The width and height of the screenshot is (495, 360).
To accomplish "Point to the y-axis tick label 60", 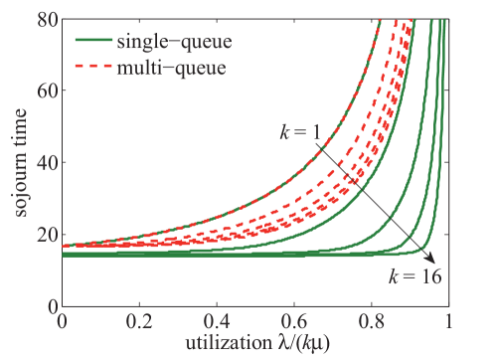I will coord(43,90).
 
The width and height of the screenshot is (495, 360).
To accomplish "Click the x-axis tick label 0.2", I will coord(140,322).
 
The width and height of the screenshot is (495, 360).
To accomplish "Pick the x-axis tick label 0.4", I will coord(217,322).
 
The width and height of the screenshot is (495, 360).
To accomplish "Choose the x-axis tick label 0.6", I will coord(294,322).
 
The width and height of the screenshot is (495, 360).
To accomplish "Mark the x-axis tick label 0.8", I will coord(372,322).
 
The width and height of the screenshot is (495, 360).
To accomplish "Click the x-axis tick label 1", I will coord(449,322).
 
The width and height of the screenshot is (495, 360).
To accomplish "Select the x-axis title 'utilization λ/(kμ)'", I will coord(255,346).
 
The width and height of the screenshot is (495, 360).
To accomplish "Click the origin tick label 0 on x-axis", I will coord(63,322).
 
